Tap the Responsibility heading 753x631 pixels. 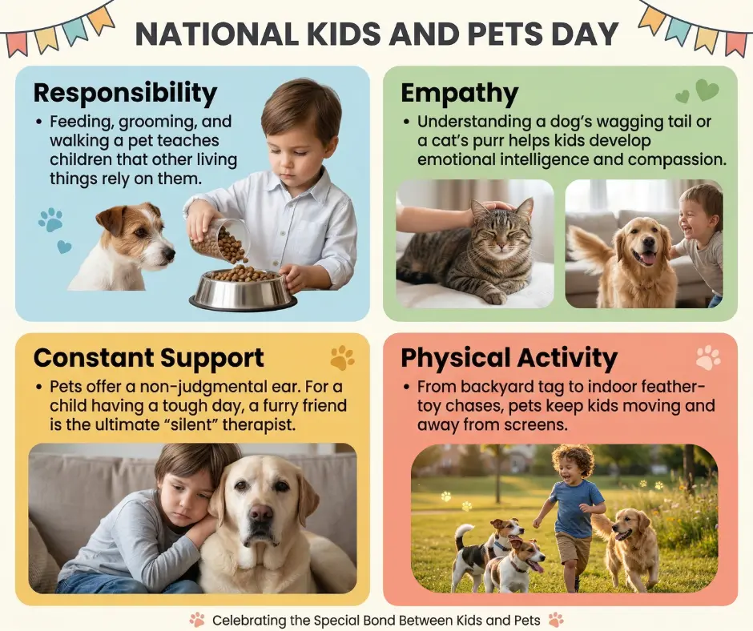click(125, 93)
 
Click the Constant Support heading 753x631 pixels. click(148, 357)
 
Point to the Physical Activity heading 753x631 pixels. click(509, 357)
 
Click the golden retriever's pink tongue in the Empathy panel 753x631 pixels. click(646, 259)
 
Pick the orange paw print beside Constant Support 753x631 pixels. click(342, 358)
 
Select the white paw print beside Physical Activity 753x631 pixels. click(708, 357)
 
